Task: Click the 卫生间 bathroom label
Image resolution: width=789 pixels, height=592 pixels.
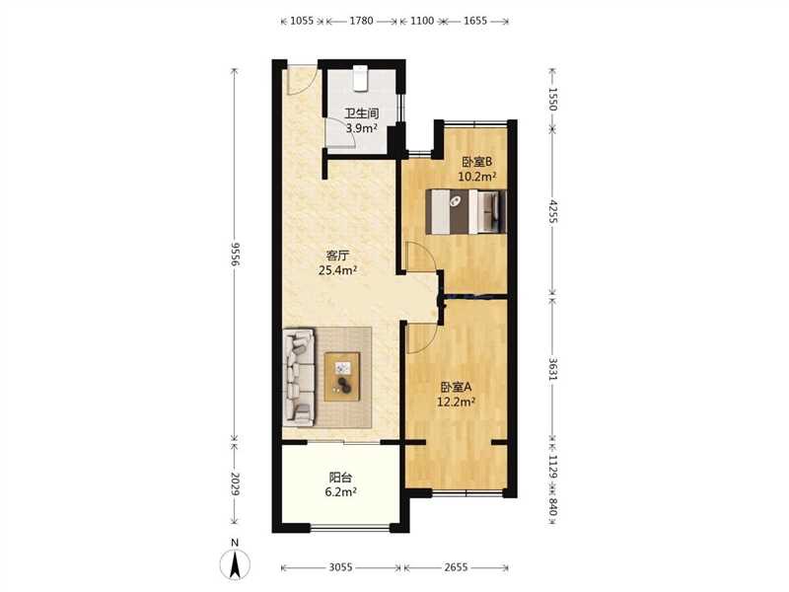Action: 361,113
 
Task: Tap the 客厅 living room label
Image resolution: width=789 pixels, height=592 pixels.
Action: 337,256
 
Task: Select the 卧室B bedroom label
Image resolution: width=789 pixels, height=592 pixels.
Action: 476,162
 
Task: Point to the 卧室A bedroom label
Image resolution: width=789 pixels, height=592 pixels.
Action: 456,387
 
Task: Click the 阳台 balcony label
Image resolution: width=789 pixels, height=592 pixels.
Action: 340,478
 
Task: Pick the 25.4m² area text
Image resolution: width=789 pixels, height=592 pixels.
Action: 337,270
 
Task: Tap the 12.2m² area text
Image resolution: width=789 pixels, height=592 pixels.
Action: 457,402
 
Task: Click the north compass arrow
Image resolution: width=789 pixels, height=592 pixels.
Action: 235,563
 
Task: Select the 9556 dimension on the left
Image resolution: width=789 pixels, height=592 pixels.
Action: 235,255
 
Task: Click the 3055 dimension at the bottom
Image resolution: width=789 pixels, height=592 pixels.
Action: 340,567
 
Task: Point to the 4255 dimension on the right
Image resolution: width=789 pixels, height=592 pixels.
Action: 553,211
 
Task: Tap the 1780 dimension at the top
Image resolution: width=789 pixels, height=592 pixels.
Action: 361,21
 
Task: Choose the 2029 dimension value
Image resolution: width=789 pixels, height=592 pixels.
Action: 235,483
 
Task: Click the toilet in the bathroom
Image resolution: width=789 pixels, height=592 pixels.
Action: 360,79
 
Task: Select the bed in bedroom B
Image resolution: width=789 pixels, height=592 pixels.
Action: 466,211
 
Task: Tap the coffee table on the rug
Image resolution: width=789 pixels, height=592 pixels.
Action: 342,377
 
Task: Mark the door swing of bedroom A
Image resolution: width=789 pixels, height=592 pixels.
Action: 421,337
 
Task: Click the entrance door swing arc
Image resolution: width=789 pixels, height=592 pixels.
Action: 302,82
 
